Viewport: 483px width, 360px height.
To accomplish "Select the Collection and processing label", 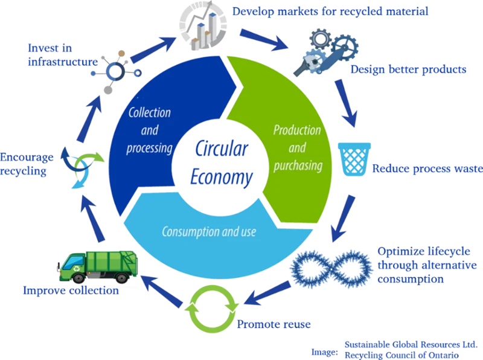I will tap(150, 131).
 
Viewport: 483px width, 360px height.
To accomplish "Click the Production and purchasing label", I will tap(297, 147).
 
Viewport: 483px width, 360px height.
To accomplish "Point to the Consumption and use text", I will tap(208, 231).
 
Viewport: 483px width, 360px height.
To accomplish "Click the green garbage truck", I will tap(99, 266).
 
